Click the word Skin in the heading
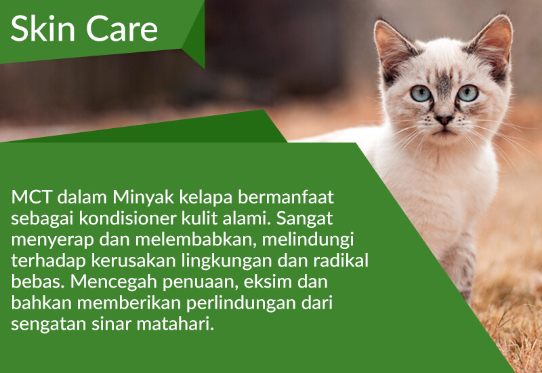[43, 28]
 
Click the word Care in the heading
[122, 28]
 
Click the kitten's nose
[444, 120]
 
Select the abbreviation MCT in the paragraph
[31, 197]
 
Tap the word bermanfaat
[285, 197]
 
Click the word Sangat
[304, 219]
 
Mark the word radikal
[341, 260]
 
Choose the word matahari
[175, 324]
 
